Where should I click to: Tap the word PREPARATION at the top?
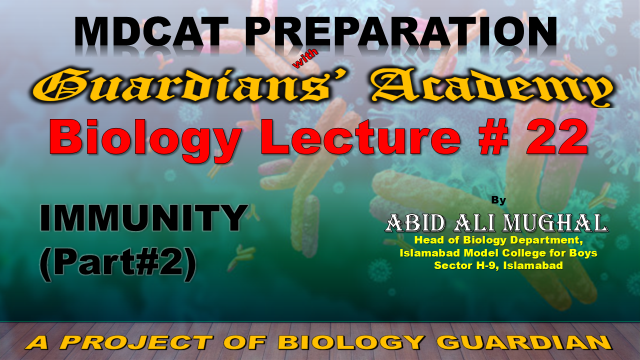click(x=401, y=32)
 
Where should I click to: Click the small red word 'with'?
click(x=305, y=59)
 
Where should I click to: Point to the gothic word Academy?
click(x=492, y=87)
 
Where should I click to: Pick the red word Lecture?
click(x=364, y=136)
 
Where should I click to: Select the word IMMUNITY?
click(x=144, y=218)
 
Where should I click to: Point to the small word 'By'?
click(x=498, y=200)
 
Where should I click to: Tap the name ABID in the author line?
click(x=415, y=223)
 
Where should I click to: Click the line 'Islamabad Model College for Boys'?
click(x=498, y=253)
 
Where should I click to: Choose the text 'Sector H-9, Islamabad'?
click(x=498, y=266)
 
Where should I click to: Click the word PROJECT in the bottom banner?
click(x=137, y=342)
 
